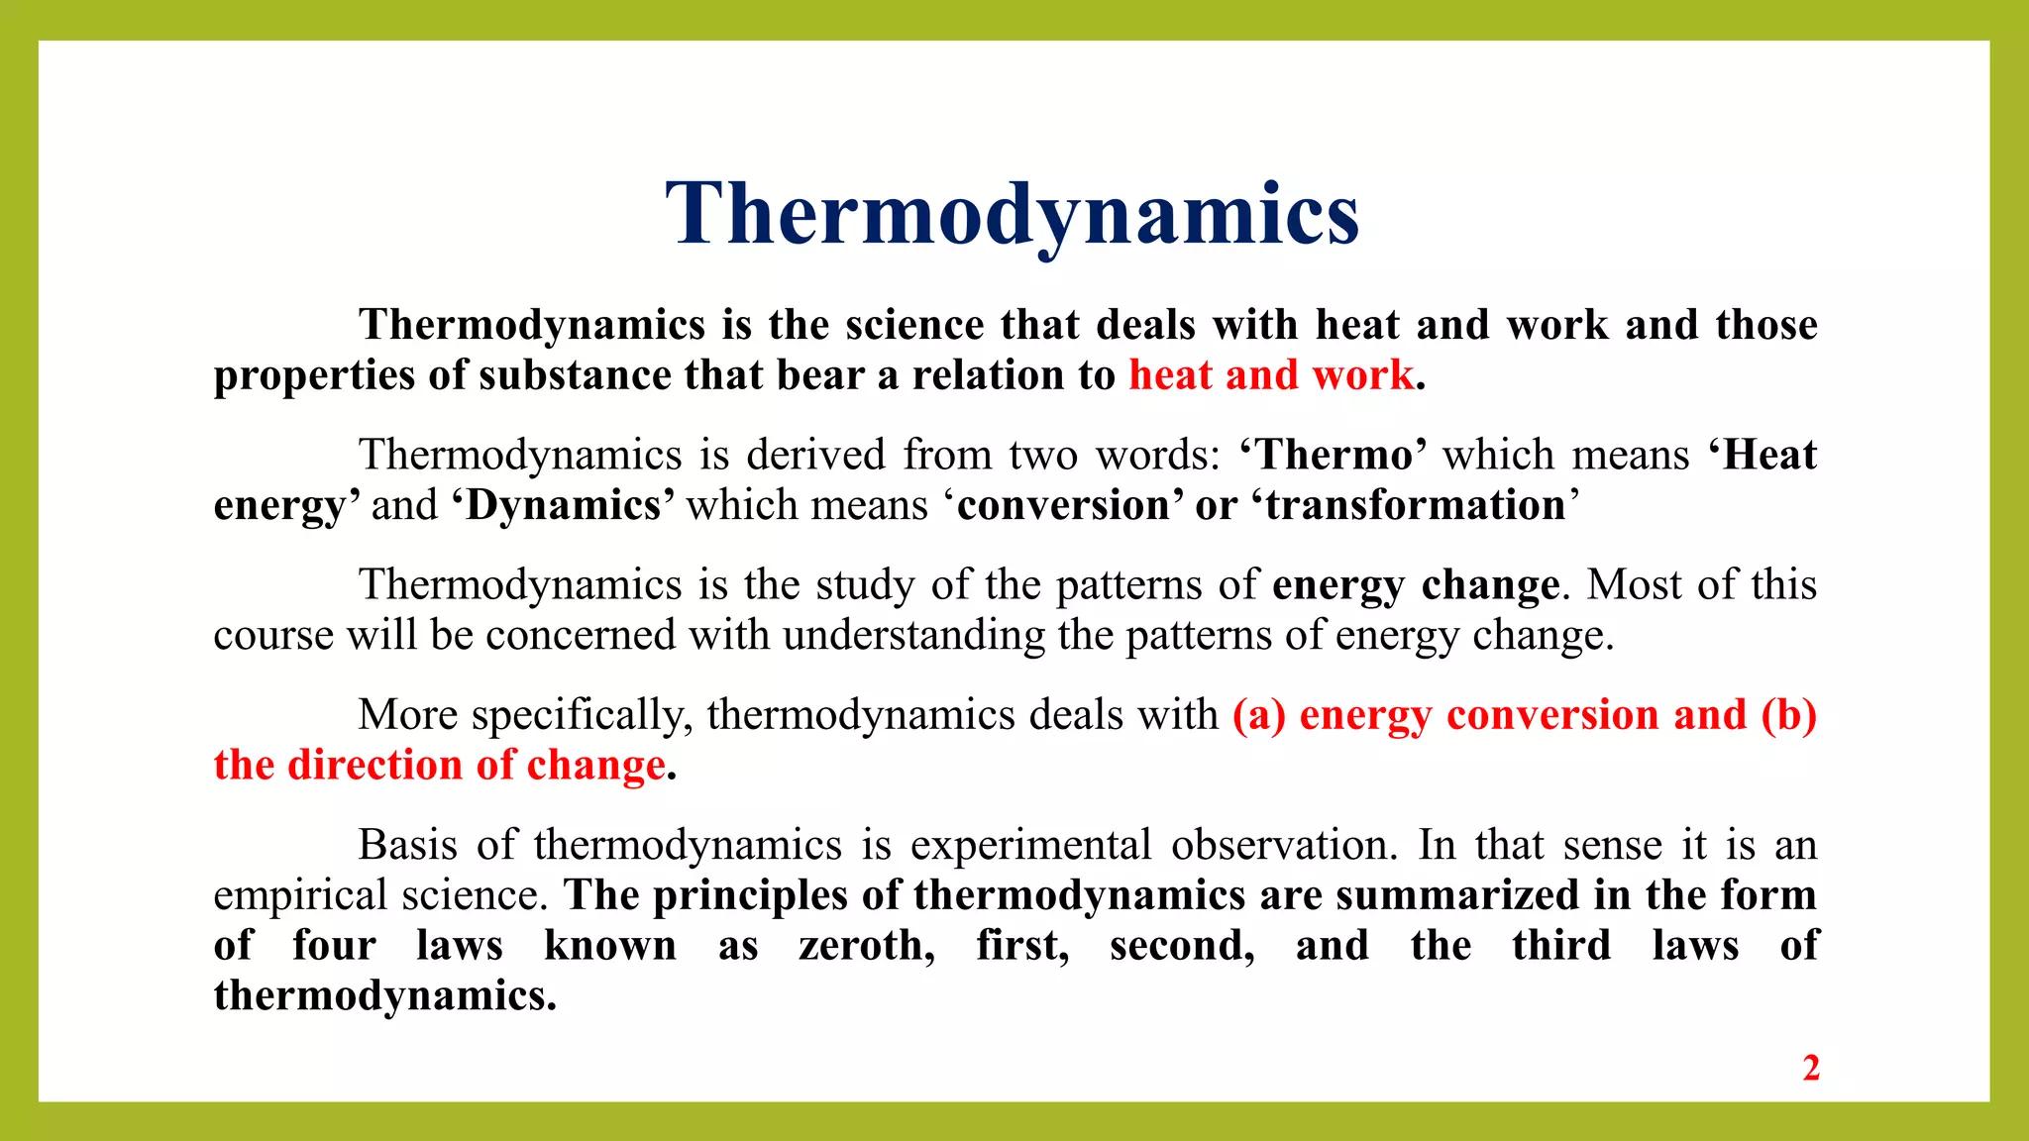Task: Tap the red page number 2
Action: (x=1811, y=1069)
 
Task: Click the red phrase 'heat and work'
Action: (x=1271, y=375)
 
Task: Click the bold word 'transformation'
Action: (x=1416, y=505)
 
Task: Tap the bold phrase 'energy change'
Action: (x=1416, y=584)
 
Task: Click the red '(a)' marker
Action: (x=1258, y=715)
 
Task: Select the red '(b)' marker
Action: (x=1789, y=715)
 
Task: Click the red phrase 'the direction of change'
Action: (x=439, y=766)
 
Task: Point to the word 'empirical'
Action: (x=300, y=895)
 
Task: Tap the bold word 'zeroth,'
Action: (x=867, y=945)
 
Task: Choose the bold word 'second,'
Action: (x=1182, y=945)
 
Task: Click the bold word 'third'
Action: (x=1561, y=945)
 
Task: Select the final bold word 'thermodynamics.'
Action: (x=385, y=995)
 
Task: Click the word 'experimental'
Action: (x=1030, y=845)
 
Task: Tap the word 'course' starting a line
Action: (x=273, y=635)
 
